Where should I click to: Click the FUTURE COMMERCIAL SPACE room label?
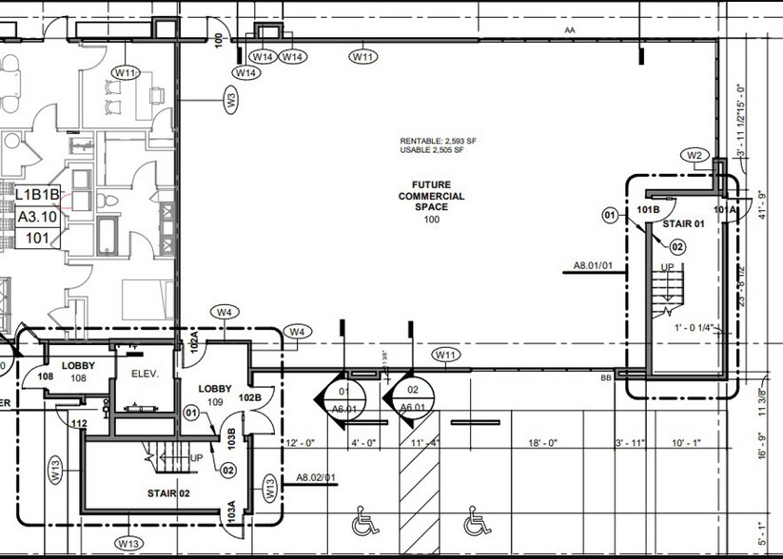click(x=431, y=197)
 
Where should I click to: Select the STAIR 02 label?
click(x=169, y=493)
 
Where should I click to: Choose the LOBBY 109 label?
click(x=214, y=395)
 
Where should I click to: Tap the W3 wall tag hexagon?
click(x=230, y=98)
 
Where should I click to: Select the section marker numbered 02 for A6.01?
click(x=413, y=397)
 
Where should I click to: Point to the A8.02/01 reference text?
click(x=315, y=477)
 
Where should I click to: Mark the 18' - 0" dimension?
click(x=552, y=443)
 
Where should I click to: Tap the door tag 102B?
click(x=249, y=396)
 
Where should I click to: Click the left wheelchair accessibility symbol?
click(x=362, y=522)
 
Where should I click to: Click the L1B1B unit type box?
click(x=38, y=195)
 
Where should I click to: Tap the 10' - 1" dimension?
click(x=684, y=443)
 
